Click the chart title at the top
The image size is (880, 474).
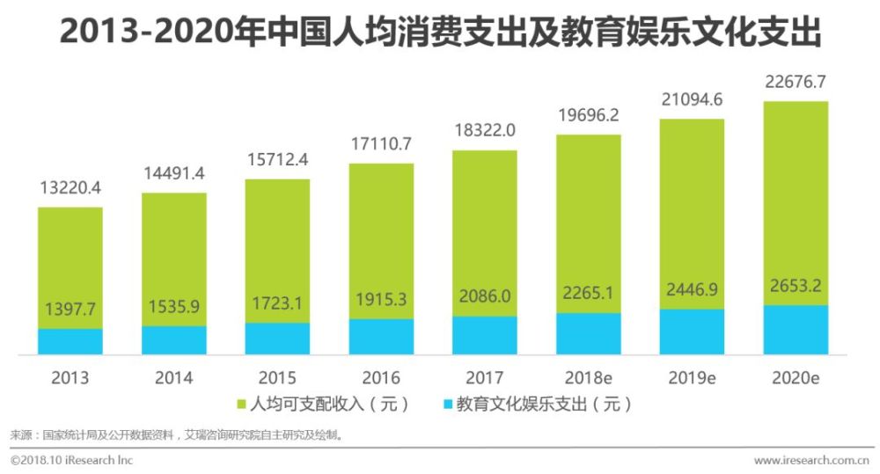pos(440,33)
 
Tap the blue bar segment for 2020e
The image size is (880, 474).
pos(796,331)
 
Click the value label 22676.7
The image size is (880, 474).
pos(796,84)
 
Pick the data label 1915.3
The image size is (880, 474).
pos(381,300)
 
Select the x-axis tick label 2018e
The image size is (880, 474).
pos(588,378)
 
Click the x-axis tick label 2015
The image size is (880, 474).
pos(277,378)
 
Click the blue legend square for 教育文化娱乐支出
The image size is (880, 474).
pos(447,405)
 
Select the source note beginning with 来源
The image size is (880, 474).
pos(176,434)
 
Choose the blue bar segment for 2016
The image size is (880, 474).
pos(381,337)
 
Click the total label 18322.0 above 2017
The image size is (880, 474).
pos(485,130)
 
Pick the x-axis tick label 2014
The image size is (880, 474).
pos(173,378)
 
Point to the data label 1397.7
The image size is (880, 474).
pos(70,310)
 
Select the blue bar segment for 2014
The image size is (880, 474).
pos(173,340)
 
